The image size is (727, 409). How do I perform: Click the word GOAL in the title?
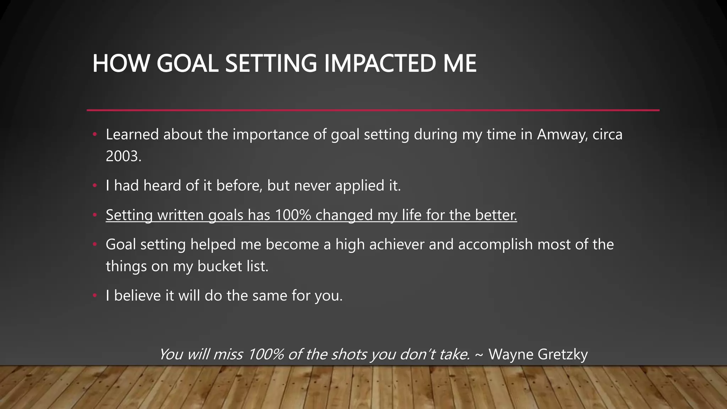click(x=187, y=64)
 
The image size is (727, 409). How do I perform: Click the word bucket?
click(x=214, y=266)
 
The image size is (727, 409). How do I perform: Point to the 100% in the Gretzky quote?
click(x=266, y=354)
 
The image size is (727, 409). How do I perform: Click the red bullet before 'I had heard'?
click(x=94, y=186)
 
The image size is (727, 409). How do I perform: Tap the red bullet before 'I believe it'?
click(x=94, y=296)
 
